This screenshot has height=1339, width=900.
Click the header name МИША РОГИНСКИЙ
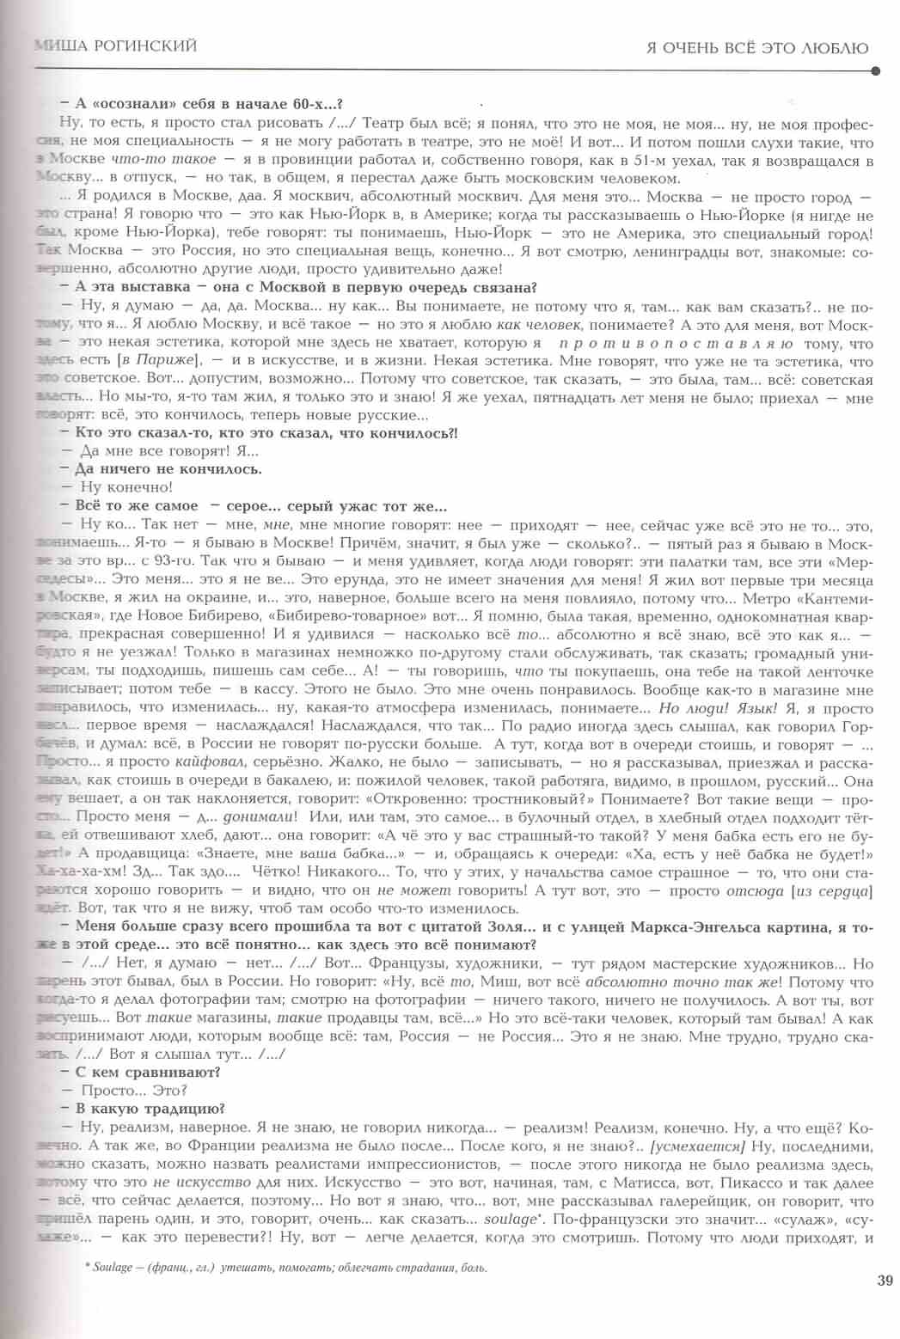[x=115, y=46]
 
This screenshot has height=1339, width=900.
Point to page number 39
[x=885, y=1280]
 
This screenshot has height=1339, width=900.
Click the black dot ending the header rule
[x=875, y=72]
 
